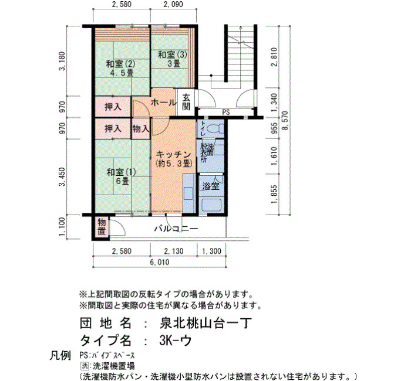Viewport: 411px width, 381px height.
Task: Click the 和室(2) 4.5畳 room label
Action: pyautogui.click(x=120, y=69)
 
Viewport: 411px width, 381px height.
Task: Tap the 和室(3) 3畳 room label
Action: pyautogui.click(x=173, y=59)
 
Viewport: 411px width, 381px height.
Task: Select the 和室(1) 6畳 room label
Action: pyautogui.click(x=121, y=176)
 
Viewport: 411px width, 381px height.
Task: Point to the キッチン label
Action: pyautogui.click(x=174, y=154)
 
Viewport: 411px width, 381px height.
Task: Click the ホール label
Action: pyautogui.click(x=164, y=103)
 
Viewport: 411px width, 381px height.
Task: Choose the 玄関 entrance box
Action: pyautogui.click(x=186, y=102)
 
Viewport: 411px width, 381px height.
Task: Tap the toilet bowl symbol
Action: pyautogui.click(x=215, y=128)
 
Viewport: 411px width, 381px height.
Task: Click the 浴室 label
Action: pyautogui.click(x=211, y=186)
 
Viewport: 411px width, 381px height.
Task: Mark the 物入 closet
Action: pyautogui.click(x=141, y=128)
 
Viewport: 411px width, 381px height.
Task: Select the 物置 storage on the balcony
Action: pyautogui.click(x=102, y=227)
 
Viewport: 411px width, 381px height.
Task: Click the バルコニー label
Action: pyautogui.click(x=176, y=229)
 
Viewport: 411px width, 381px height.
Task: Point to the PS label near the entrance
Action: pyautogui.click(x=226, y=113)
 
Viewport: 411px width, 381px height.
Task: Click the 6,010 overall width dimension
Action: pyautogui.click(x=160, y=262)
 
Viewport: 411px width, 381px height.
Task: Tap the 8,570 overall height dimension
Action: pyautogui.click(x=285, y=120)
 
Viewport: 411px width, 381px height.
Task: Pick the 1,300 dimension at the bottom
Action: pyautogui.click(x=211, y=251)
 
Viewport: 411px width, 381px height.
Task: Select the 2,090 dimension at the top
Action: pyautogui.click(x=173, y=4)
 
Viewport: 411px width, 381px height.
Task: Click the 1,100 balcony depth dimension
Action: pyautogui.click(x=62, y=227)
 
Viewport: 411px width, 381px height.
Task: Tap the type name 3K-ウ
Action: pyautogui.click(x=175, y=341)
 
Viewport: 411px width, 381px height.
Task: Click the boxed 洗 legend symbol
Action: pyautogui.click(x=84, y=366)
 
